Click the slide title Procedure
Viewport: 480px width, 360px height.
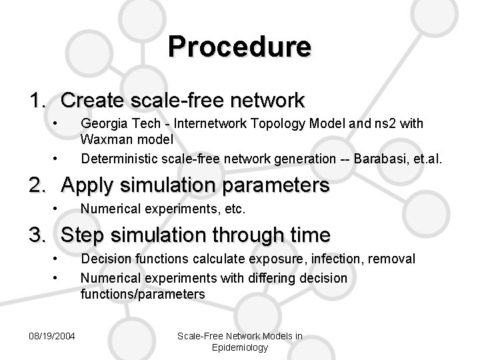[x=239, y=47]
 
